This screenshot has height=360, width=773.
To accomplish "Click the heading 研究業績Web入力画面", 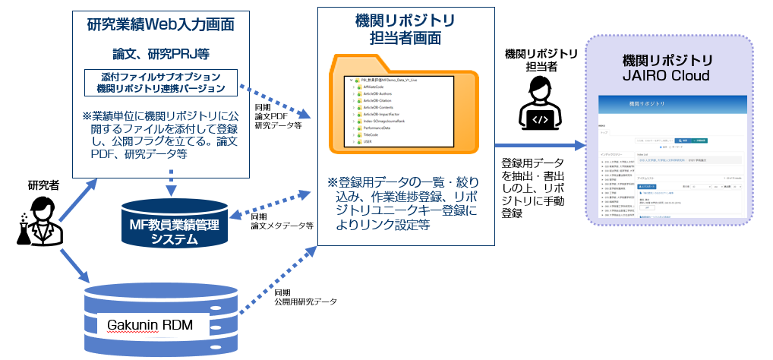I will (159, 24).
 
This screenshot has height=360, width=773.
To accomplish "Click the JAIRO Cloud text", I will (668, 76).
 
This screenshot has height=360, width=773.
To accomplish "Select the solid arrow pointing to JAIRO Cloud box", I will (541, 145).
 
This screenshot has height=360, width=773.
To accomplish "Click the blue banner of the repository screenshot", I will (668, 102).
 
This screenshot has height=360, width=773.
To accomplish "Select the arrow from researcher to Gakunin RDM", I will (65, 262).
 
